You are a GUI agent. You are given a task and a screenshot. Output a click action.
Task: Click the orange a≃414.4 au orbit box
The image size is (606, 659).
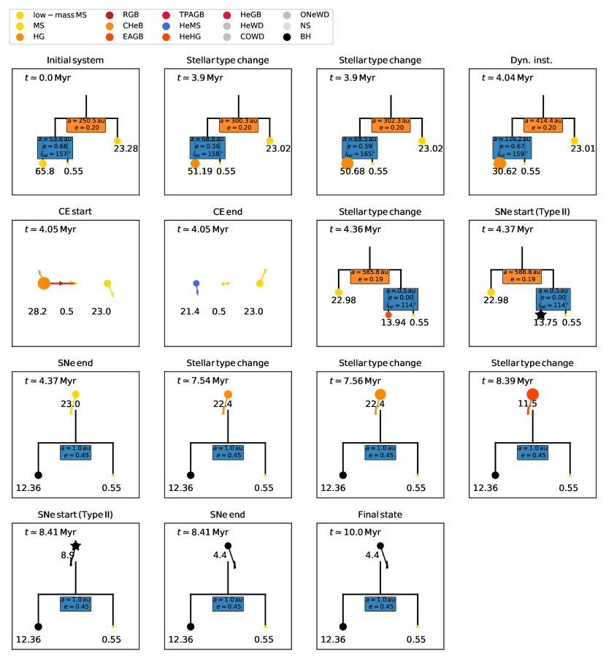[x=544, y=123]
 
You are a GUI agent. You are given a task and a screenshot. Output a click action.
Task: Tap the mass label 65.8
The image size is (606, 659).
[x=45, y=172]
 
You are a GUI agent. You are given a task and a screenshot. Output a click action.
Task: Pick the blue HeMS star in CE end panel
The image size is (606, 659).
[x=196, y=283]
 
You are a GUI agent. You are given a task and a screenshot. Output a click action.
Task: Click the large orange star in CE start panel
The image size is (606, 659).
[x=44, y=283]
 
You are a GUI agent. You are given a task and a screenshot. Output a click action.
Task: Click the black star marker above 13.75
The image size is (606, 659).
[x=540, y=315]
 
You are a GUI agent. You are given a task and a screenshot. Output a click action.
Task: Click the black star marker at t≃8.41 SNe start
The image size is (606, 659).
[x=76, y=546]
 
